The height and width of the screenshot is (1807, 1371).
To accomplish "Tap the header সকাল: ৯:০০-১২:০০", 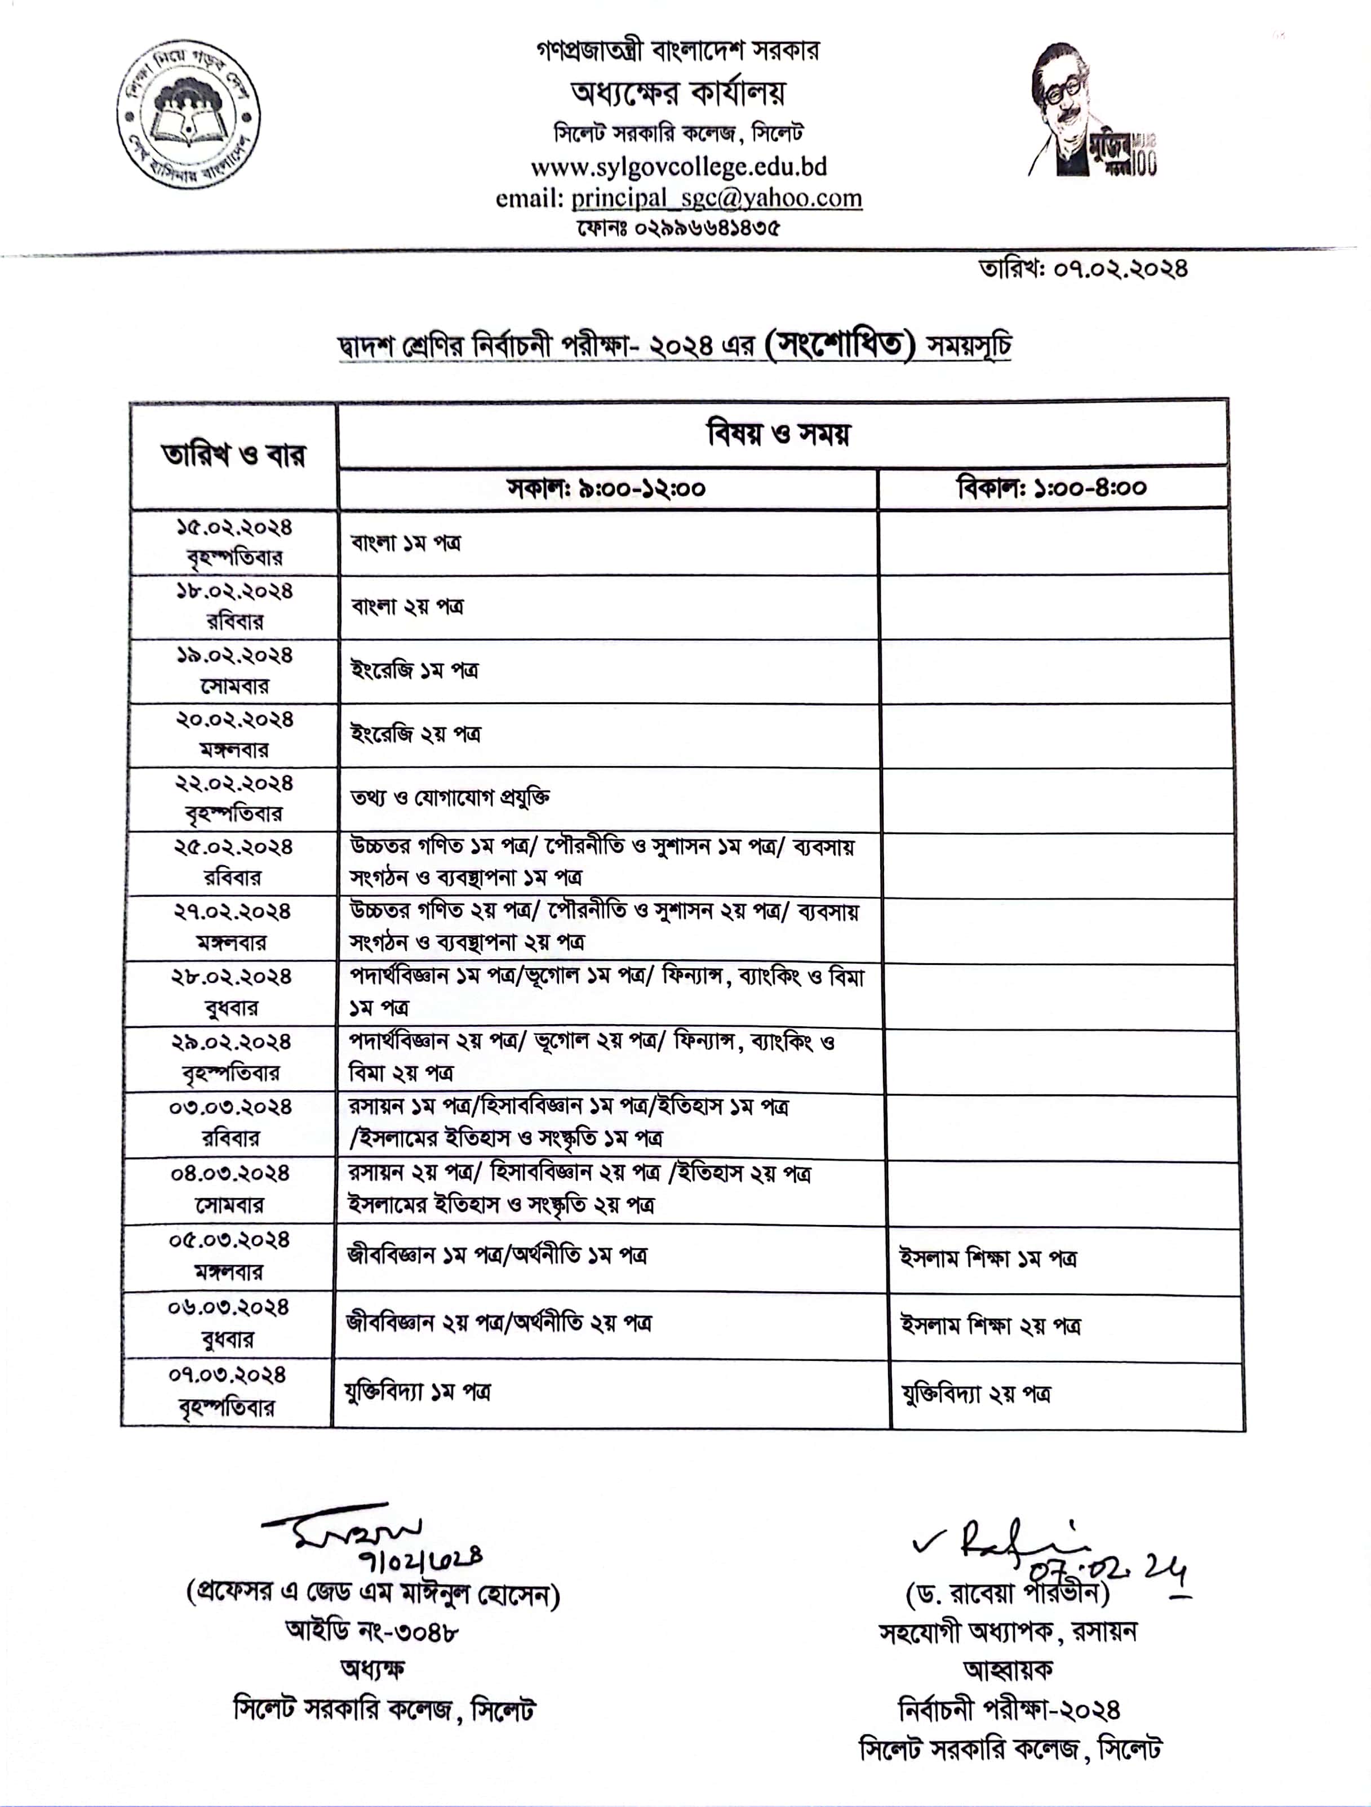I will (606, 488).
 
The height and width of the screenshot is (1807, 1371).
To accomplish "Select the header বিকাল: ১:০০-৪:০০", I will (1051, 488).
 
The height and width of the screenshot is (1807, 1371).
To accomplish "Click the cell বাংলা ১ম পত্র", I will (406, 542).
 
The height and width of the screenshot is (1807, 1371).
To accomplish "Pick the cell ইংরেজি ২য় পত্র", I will (416, 733).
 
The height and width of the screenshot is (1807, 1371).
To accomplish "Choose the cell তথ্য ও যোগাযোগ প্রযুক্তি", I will (450, 797).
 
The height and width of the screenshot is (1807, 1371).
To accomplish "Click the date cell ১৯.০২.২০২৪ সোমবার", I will (234, 671).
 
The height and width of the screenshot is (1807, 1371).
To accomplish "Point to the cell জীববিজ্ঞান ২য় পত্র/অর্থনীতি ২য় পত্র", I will (499, 1323).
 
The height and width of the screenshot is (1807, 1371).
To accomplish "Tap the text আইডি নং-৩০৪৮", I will (372, 1631).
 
